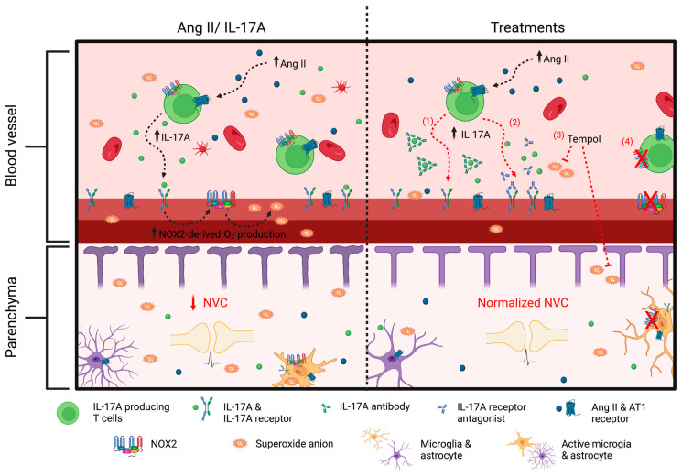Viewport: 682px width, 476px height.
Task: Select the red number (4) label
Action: point(628,142)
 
